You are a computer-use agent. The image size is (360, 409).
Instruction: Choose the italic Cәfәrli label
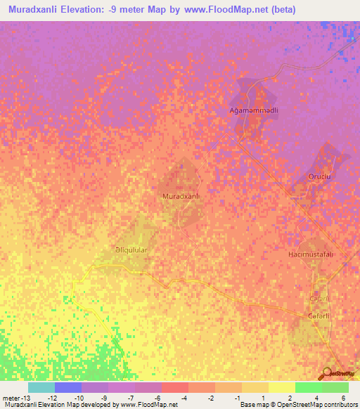320,299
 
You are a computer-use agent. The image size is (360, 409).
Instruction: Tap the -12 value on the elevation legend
52,398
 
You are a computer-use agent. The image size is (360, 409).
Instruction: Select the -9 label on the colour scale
104,398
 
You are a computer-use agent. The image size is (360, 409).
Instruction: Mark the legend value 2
290,398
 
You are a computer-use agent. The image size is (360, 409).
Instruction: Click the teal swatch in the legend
41,387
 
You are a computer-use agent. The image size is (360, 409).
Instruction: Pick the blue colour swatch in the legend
67,387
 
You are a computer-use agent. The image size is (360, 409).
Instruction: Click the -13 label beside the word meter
20,398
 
